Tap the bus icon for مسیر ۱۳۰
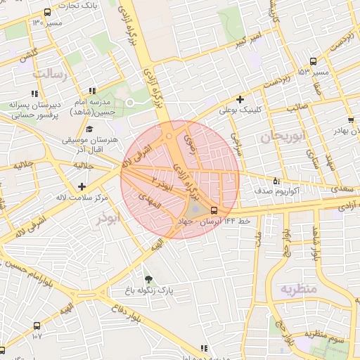(x=47, y=13)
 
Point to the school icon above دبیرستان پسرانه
(x=33, y=93)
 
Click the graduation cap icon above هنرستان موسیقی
(x=89, y=129)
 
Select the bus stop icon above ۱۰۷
(x=37, y=326)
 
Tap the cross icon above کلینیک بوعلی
(x=240, y=99)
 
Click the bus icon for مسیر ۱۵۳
(x=313, y=61)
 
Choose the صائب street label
(x=295, y=108)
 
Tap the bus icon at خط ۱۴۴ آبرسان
(x=213, y=210)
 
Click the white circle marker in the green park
(x=130, y=103)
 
